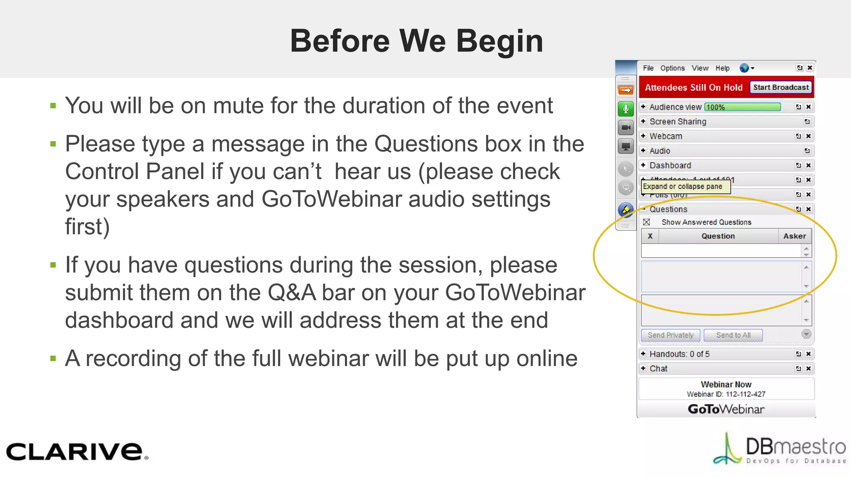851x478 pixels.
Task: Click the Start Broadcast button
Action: click(781, 88)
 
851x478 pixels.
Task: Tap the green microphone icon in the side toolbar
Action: click(625, 109)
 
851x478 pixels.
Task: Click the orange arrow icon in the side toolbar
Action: click(625, 90)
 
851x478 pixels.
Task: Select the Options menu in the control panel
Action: click(672, 68)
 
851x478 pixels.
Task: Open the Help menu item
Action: click(722, 68)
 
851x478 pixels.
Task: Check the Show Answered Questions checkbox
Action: click(647, 222)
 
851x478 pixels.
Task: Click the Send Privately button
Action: click(671, 335)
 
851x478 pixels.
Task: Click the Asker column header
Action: click(794, 236)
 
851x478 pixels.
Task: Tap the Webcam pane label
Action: click(666, 136)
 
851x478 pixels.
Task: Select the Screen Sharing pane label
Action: click(678, 122)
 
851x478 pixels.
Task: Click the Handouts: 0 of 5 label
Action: click(679, 354)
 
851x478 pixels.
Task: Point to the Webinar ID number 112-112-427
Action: click(745, 394)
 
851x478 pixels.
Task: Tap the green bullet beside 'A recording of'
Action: click(53, 358)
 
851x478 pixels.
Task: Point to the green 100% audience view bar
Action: click(743, 107)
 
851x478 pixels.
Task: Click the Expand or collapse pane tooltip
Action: click(685, 187)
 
